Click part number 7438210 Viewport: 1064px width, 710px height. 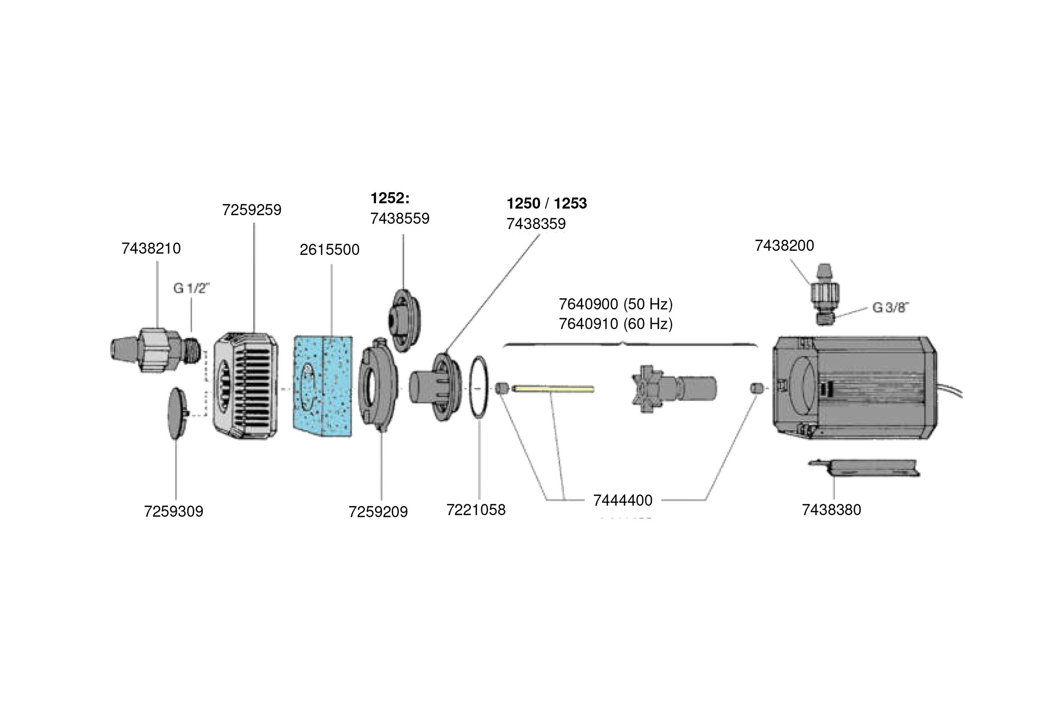pyautogui.click(x=151, y=248)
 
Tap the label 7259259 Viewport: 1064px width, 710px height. pyautogui.click(x=251, y=210)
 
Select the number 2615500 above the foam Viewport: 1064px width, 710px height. pyautogui.click(x=329, y=249)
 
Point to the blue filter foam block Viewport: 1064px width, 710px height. pyautogui.click(x=323, y=386)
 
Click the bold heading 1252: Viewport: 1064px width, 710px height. pyautogui.click(x=390, y=198)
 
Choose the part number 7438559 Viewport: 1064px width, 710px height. pyautogui.click(x=399, y=219)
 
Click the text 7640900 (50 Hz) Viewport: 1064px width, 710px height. pyautogui.click(x=615, y=304)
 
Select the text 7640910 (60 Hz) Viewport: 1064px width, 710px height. pyautogui.click(x=615, y=324)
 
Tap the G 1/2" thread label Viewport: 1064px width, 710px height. pyautogui.click(x=192, y=288)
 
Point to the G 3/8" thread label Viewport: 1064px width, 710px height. pyautogui.click(x=890, y=308)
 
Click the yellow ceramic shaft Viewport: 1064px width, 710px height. pyautogui.click(x=553, y=389)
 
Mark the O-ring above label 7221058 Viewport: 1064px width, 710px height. pyautogui.click(x=479, y=387)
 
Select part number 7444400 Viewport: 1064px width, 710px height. pyautogui.click(x=622, y=501)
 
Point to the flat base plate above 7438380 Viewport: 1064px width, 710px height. pyautogui.click(x=863, y=468)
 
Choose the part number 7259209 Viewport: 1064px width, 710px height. pyautogui.click(x=378, y=512)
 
